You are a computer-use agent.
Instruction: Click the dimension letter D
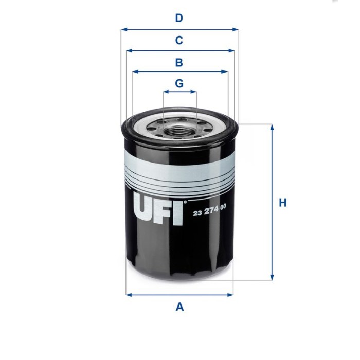tap(179, 19)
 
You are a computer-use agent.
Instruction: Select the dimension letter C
tap(179, 40)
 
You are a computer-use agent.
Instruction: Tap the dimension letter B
tap(179, 63)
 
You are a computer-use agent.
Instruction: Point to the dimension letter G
tap(179, 83)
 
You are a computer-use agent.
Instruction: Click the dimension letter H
tap(282, 203)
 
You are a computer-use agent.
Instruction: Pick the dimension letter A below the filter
tap(179, 307)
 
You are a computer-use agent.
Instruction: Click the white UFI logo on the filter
tap(158, 208)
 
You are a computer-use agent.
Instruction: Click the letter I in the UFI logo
tap(178, 210)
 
